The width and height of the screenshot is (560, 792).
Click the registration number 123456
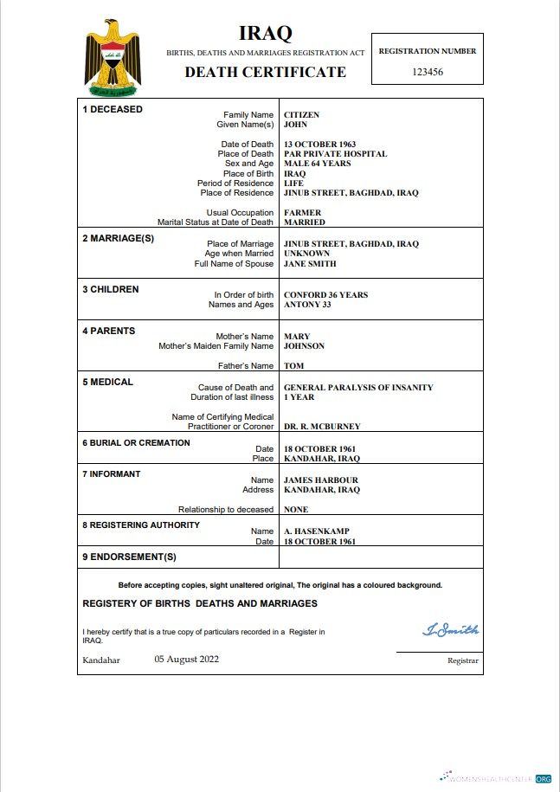coord(428,72)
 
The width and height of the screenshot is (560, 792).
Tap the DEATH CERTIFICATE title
coord(265,72)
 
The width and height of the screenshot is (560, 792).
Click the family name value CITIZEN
coord(301,115)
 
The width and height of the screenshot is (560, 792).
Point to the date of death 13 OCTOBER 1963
coord(319,145)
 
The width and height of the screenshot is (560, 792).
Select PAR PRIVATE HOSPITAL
coord(335,154)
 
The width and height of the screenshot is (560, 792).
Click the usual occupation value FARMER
coord(302,213)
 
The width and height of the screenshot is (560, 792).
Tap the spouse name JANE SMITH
coord(310,264)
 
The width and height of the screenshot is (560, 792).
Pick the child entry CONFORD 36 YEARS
coord(325,295)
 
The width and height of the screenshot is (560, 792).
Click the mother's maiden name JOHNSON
coord(304,346)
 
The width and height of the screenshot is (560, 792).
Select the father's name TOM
coord(293,366)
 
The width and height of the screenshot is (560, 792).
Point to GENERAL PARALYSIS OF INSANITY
coord(358,388)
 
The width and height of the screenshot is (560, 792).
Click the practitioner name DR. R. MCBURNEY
coord(322,427)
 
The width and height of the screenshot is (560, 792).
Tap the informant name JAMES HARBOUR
coord(320,480)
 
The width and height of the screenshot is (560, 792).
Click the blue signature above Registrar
coord(450,629)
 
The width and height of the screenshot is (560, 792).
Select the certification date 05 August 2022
coord(187,659)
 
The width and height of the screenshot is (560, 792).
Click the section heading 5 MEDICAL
coord(107,382)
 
